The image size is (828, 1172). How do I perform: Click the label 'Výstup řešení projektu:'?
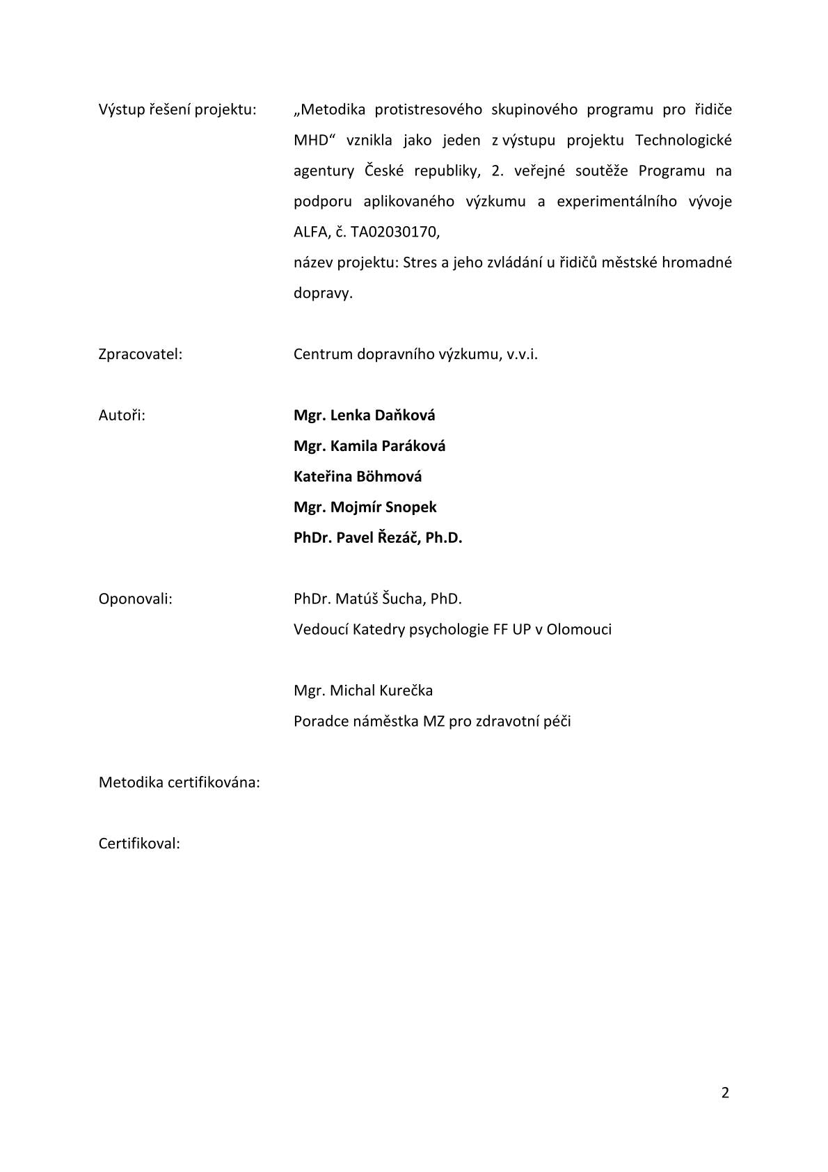(177, 110)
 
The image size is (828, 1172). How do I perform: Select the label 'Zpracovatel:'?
(141, 354)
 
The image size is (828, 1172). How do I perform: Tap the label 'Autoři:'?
(122, 415)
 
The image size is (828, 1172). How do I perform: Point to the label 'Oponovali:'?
(136, 599)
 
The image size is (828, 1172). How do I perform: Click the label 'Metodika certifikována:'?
(180, 783)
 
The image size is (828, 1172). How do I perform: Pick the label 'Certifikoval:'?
(139, 844)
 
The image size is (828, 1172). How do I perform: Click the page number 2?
(725, 1093)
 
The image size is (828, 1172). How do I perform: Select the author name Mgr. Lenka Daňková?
(364, 415)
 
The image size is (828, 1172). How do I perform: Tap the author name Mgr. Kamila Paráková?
(369, 446)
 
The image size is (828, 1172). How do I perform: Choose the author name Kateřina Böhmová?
(358, 477)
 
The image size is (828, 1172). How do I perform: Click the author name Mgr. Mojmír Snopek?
(365, 507)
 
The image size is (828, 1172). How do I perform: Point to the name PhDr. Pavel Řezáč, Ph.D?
(378, 538)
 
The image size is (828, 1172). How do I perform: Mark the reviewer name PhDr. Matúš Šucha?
(358, 599)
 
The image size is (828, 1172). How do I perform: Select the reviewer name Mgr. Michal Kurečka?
(363, 691)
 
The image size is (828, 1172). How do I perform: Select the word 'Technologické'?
(683, 141)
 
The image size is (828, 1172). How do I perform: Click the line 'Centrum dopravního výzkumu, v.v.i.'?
(415, 354)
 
